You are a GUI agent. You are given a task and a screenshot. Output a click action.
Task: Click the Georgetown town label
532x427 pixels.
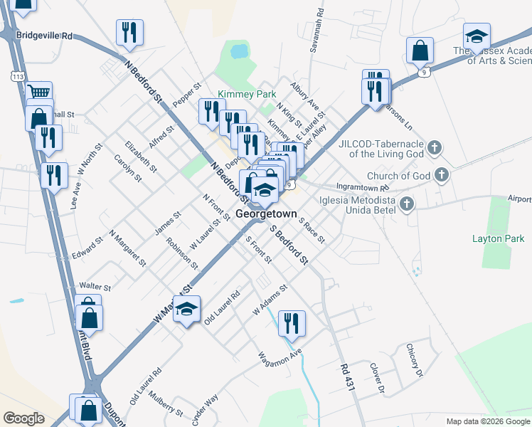pyautogui.click(x=266, y=213)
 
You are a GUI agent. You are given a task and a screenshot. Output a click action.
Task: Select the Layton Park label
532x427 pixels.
pyautogui.click(x=497, y=238)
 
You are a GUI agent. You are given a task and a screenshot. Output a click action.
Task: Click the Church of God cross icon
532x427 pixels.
pyautogui.click(x=442, y=174)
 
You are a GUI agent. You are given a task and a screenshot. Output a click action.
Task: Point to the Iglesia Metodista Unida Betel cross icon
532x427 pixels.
pyautogui.click(x=407, y=205)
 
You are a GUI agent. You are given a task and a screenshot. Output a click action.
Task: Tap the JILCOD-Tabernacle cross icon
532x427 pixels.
pyautogui.click(x=435, y=149)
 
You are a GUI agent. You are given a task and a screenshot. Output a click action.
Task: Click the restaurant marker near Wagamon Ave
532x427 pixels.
pyautogui.click(x=292, y=324)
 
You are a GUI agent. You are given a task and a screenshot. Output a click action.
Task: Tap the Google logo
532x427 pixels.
pyautogui.click(x=23, y=418)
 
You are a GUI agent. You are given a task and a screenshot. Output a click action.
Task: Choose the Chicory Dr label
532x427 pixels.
pyautogui.click(x=414, y=359)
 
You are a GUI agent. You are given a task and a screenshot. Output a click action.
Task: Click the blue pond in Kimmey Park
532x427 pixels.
pyautogui.click(x=239, y=51)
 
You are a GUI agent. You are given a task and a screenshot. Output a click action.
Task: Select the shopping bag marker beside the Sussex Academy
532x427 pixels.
pyautogui.click(x=420, y=51)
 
